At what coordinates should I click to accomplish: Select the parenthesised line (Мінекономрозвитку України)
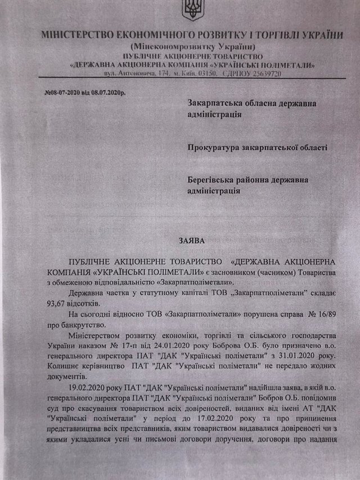(x=192, y=46)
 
